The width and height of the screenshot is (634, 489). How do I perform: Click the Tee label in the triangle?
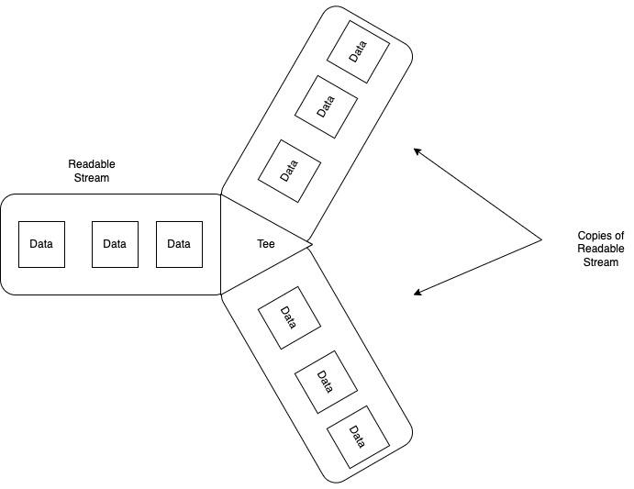[266, 244]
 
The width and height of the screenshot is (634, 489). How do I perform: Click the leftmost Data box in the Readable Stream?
[41, 244]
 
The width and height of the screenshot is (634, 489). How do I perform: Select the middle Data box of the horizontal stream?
[115, 244]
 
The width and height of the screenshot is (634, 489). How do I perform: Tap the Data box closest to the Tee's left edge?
[179, 244]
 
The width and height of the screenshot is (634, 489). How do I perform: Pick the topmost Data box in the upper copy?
[358, 51]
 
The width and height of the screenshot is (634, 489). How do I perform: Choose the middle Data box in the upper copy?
[325, 106]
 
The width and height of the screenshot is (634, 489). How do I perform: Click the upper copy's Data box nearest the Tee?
[289, 171]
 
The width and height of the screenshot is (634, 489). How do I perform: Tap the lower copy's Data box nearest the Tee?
[289, 318]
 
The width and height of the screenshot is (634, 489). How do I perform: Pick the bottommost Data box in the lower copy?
[358, 437]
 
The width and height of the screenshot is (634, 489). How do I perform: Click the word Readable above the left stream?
[92, 164]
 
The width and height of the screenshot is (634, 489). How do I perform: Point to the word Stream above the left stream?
[92, 178]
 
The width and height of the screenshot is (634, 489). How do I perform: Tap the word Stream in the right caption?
[601, 262]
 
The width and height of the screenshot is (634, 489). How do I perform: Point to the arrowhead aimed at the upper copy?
[416, 150]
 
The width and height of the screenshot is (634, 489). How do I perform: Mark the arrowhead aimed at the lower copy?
[417, 294]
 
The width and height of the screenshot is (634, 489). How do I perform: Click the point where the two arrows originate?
[541, 239]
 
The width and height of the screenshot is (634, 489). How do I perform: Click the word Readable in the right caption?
[601, 249]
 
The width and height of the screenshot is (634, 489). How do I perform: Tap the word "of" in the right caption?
[619, 236]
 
